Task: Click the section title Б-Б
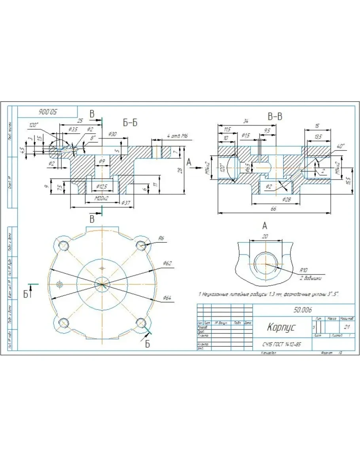click(130, 123)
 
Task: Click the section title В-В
click(275, 117)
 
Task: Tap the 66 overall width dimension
click(274, 209)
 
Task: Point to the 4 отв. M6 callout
click(177, 136)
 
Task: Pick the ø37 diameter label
click(126, 203)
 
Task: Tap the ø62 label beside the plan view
click(167, 263)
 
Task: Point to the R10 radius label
click(303, 269)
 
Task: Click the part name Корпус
click(281, 328)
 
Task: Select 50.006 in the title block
click(303, 310)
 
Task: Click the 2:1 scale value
click(347, 327)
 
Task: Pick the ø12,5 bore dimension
click(102, 186)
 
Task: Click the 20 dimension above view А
click(266, 236)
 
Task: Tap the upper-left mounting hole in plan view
click(64, 245)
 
